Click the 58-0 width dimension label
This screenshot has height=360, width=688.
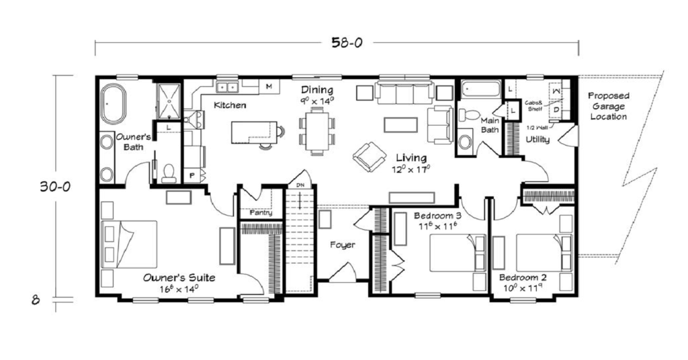(347, 43)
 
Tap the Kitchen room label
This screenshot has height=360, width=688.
(230, 105)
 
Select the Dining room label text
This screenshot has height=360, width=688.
(316, 90)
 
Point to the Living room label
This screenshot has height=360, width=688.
(411, 158)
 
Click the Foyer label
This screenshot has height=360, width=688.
(342, 245)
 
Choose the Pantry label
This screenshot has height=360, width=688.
(261, 213)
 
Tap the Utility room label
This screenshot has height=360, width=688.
(538, 140)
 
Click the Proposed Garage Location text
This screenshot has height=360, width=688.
(608, 106)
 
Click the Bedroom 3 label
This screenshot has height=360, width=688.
(437, 216)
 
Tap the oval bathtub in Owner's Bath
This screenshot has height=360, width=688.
(113, 103)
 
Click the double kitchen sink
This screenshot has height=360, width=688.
(226, 87)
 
